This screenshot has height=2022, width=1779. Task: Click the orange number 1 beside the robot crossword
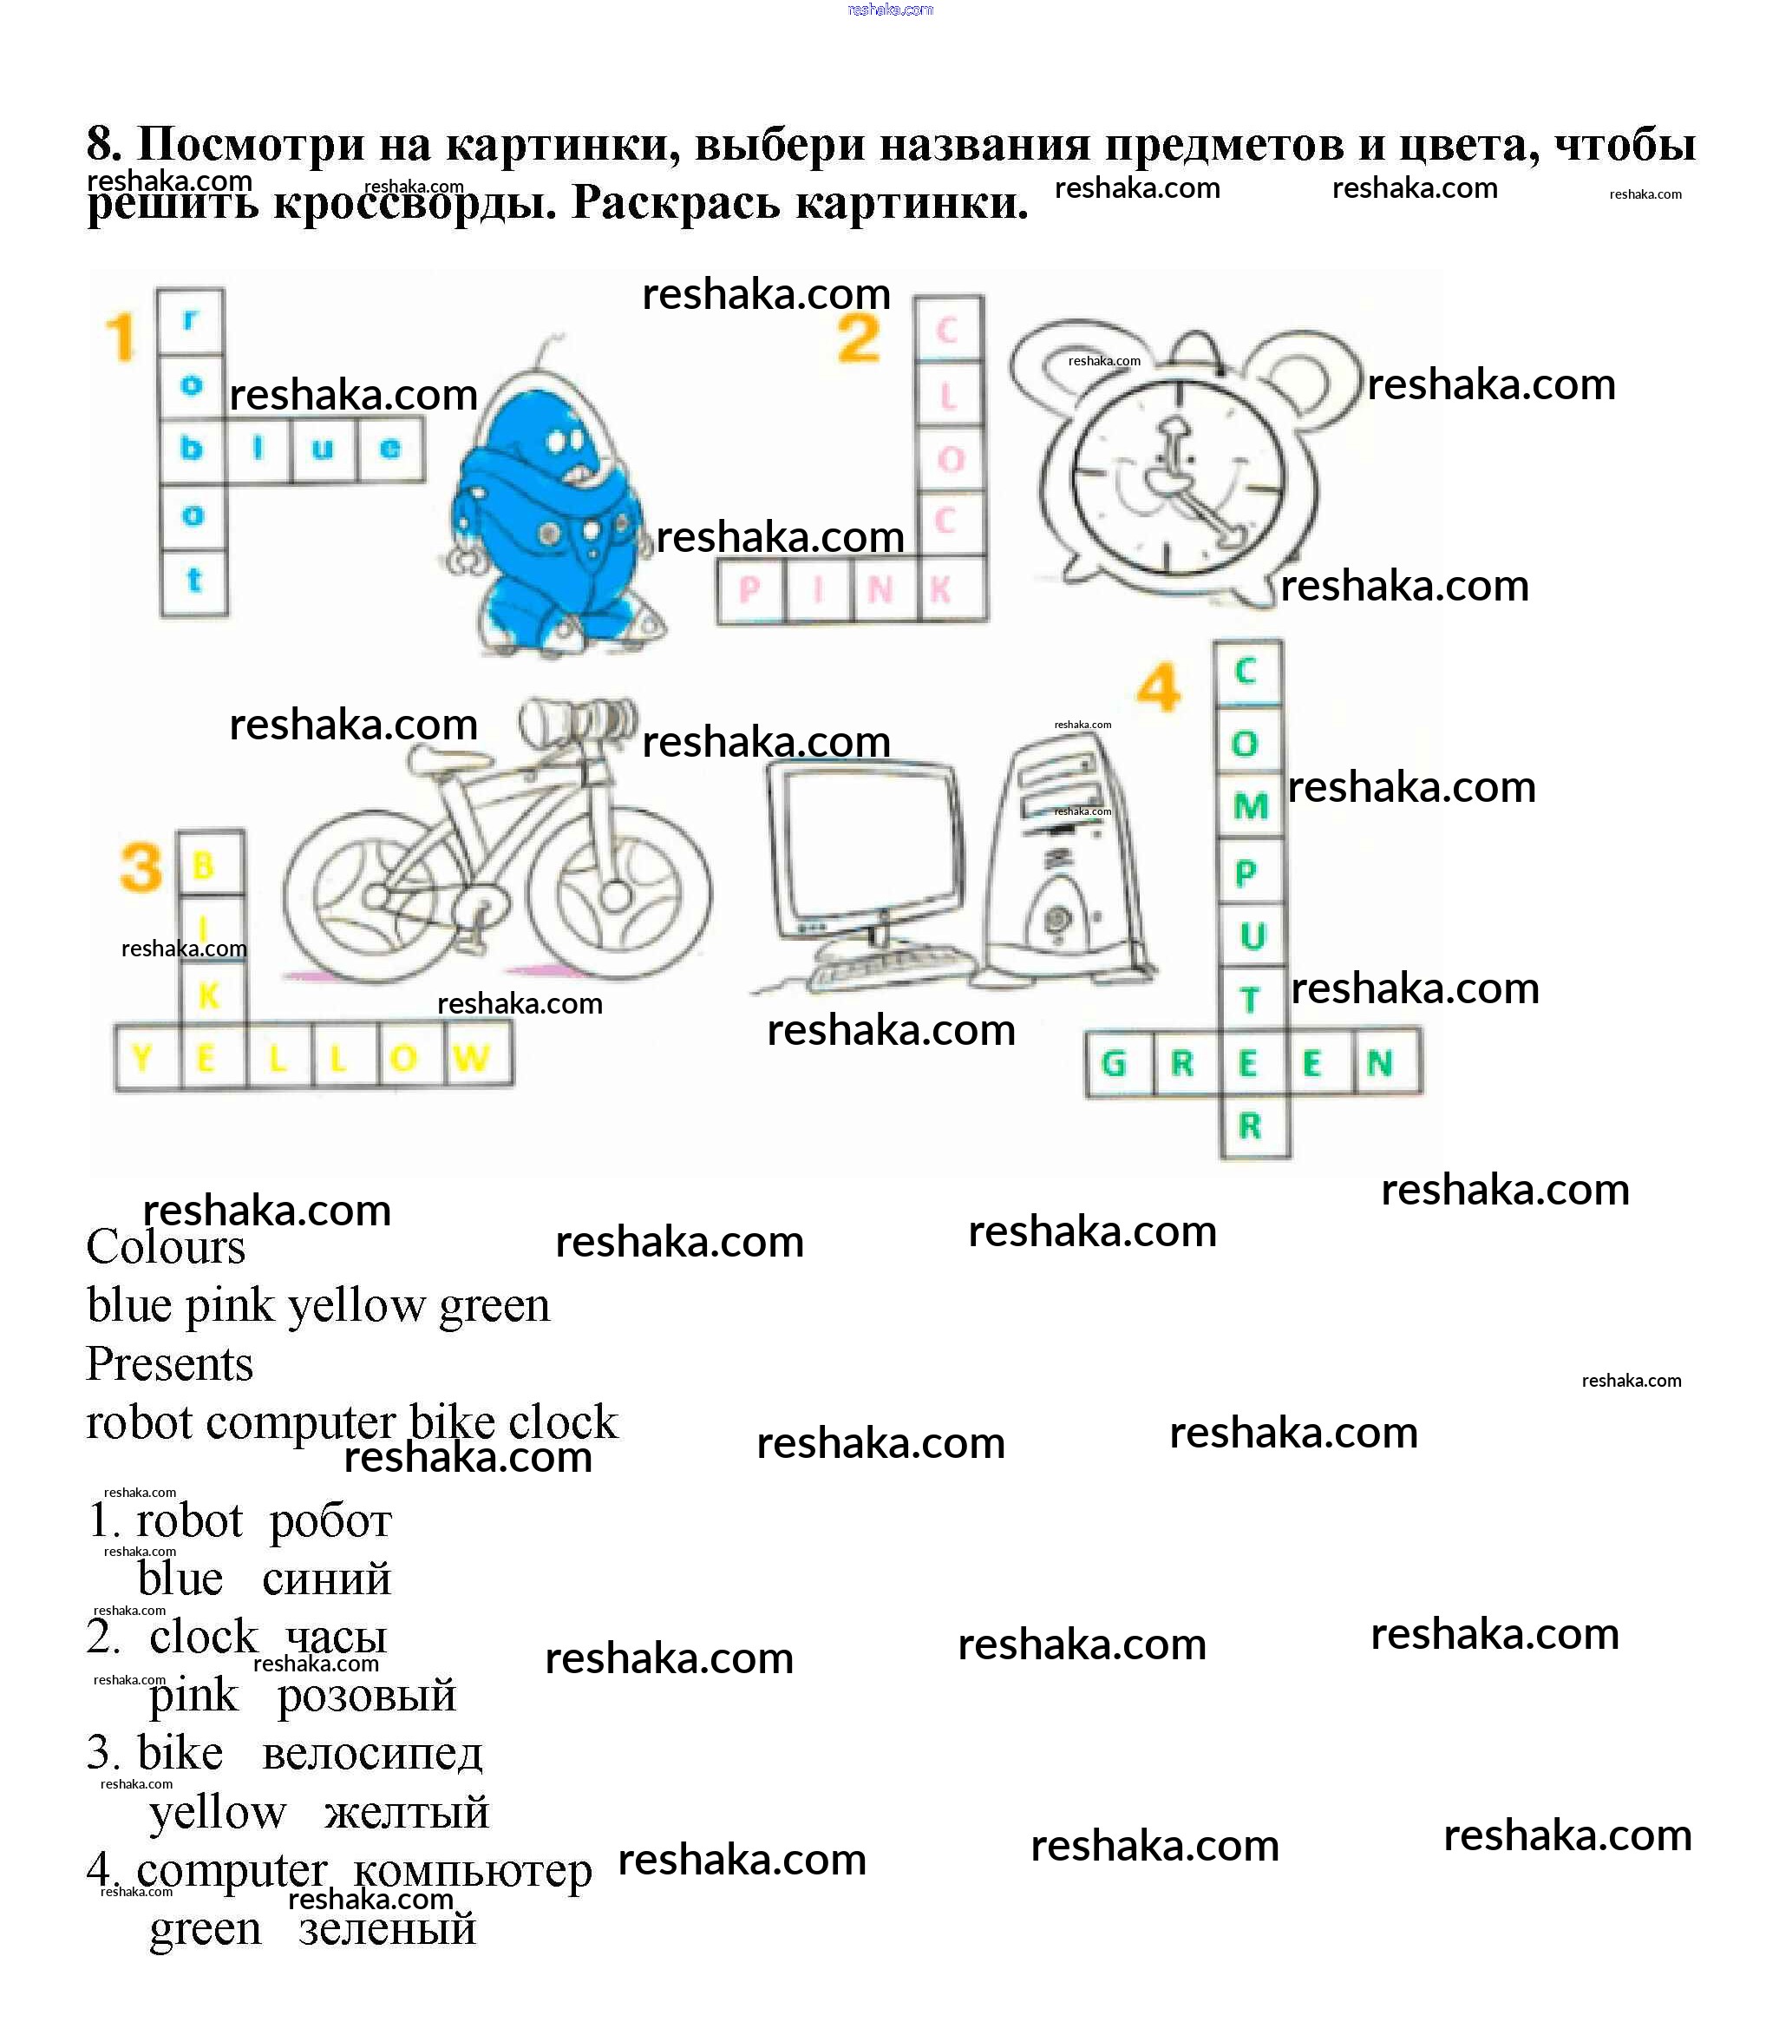tap(121, 338)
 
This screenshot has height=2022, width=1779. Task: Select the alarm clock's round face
tap(1177, 472)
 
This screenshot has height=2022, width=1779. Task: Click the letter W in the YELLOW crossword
tap(472, 1058)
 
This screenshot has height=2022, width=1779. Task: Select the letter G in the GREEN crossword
tap(1114, 1063)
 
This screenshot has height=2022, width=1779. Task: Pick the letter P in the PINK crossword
tap(749, 589)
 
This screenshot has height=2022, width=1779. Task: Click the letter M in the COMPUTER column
tap(1250, 806)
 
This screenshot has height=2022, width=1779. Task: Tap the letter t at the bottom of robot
tap(193, 580)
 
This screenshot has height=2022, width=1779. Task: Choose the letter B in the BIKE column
tap(204, 864)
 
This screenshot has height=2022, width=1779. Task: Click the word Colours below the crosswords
tap(165, 1246)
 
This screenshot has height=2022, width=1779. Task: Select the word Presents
tap(169, 1364)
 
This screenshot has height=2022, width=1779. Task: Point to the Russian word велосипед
tap(372, 1754)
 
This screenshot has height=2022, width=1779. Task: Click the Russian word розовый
tap(366, 1696)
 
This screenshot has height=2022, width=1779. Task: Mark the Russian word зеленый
tap(388, 1929)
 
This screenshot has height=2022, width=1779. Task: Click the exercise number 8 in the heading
tap(103, 144)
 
